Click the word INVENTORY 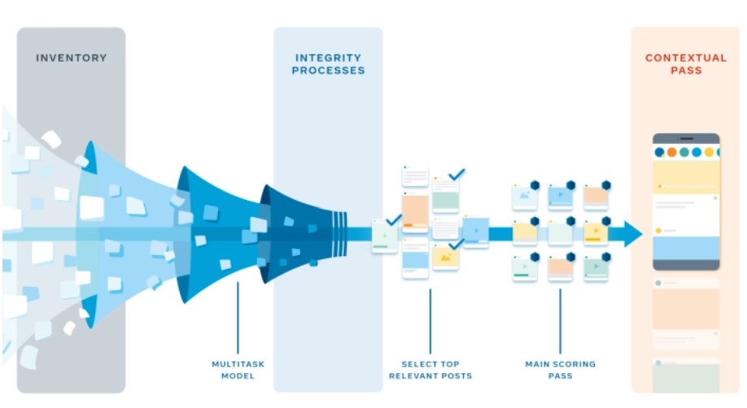coord(72,58)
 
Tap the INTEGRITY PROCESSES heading coord(328,63)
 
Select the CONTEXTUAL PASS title coord(686,63)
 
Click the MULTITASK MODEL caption coord(238,370)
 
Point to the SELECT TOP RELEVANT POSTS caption coord(430,370)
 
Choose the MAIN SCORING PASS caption coord(560,370)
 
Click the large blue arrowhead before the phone coord(632,234)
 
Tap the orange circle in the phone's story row coord(671,152)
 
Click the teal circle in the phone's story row coord(684,152)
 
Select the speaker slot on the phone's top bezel coord(687,138)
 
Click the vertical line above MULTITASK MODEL coord(238,318)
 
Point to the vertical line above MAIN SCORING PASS coord(560,321)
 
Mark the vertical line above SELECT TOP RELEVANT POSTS coord(430,321)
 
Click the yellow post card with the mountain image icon coord(445,258)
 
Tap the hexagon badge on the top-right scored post coord(606,185)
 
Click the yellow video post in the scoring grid coord(596,232)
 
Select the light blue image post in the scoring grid coord(525,197)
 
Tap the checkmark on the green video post coord(394,220)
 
